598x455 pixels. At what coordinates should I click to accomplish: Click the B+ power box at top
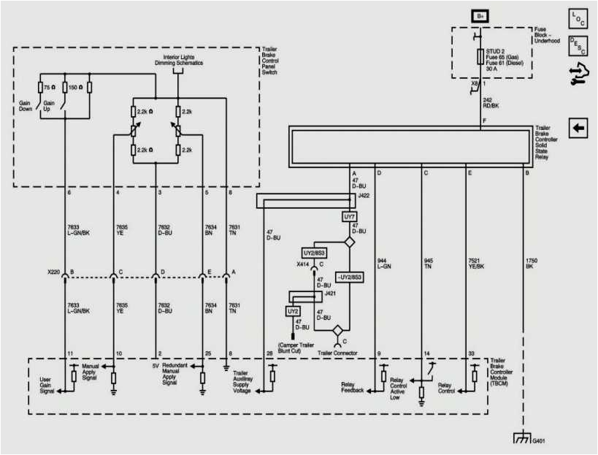480,15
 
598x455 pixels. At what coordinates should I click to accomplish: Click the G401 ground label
539,441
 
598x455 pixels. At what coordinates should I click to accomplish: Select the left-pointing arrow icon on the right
578,129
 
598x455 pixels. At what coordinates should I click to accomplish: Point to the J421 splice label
329,293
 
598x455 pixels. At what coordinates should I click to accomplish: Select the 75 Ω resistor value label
49,88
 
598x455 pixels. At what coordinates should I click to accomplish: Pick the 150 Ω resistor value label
72,88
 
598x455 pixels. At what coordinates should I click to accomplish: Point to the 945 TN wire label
429,263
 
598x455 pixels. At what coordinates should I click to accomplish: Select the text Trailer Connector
337,353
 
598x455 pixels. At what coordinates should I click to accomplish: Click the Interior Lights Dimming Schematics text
182,60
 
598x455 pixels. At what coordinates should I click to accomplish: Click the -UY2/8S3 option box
350,277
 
